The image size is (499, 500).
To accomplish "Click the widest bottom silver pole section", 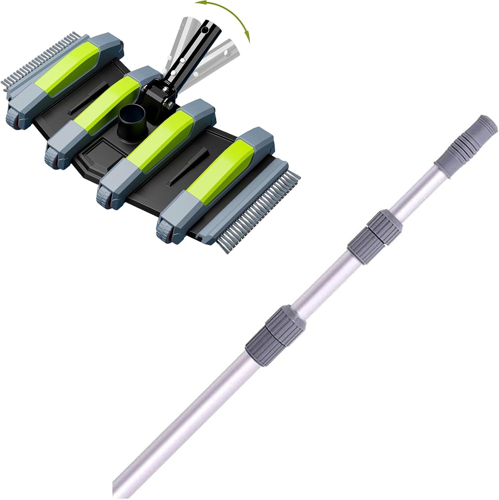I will coord(180,427).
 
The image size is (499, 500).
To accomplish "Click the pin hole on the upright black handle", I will coord(207,31).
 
